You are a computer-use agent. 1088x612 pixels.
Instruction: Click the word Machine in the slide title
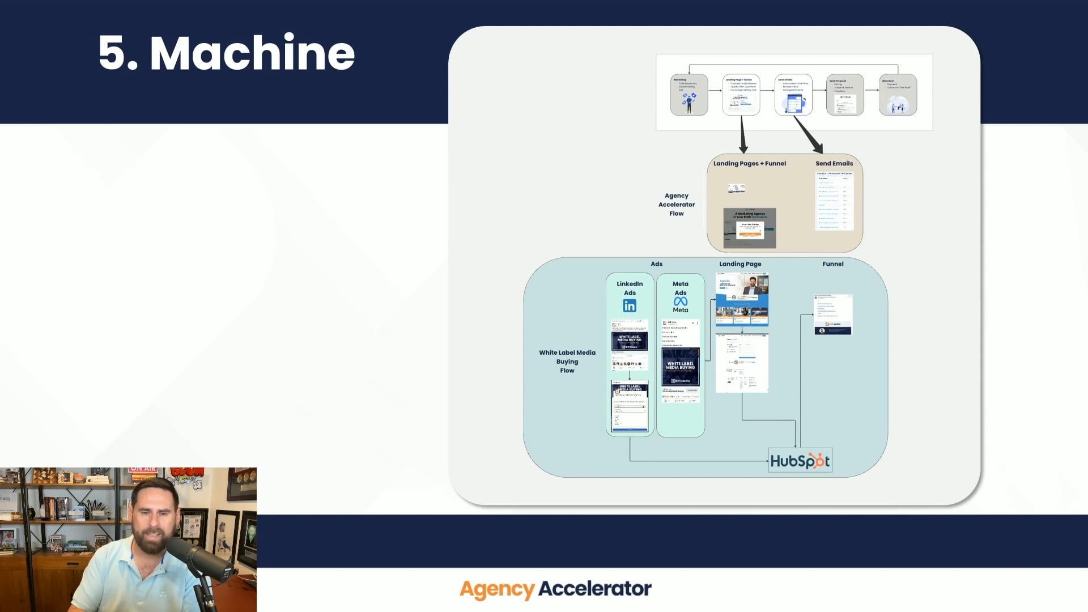[x=252, y=53]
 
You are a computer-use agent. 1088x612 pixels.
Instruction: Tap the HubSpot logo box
[x=800, y=461]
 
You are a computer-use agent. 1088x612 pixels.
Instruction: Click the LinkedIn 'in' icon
[x=630, y=306]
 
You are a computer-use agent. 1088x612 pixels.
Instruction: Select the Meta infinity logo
[x=681, y=301]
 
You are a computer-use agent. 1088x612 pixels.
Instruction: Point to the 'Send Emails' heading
[x=834, y=163]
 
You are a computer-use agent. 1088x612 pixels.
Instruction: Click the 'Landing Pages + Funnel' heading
[x=749, y=163]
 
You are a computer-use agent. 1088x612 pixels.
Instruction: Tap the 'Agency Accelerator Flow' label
[x=677, y=205]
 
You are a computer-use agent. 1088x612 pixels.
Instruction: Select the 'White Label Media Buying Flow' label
[x=567, y=362]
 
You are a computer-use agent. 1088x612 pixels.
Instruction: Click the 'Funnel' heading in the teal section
[x=832, y=264]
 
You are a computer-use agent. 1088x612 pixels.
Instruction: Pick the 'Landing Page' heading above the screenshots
[x=740, y=264]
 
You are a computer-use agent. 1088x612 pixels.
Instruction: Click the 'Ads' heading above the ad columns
[x=656, y=264]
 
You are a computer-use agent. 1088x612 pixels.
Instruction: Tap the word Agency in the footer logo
[x=496, y=589]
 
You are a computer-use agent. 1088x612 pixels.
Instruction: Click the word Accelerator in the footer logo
[x=595, y=589]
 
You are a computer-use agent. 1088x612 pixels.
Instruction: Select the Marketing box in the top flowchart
[x=688, y=95]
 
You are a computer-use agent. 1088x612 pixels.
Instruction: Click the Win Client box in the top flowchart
[x=898, y=95]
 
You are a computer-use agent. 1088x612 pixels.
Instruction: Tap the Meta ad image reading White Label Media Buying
[x=681, y=367]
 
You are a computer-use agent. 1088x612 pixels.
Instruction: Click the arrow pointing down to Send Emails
[x=809, y=135]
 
